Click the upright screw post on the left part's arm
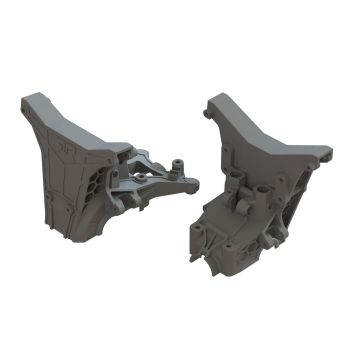(x=178, y=161)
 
